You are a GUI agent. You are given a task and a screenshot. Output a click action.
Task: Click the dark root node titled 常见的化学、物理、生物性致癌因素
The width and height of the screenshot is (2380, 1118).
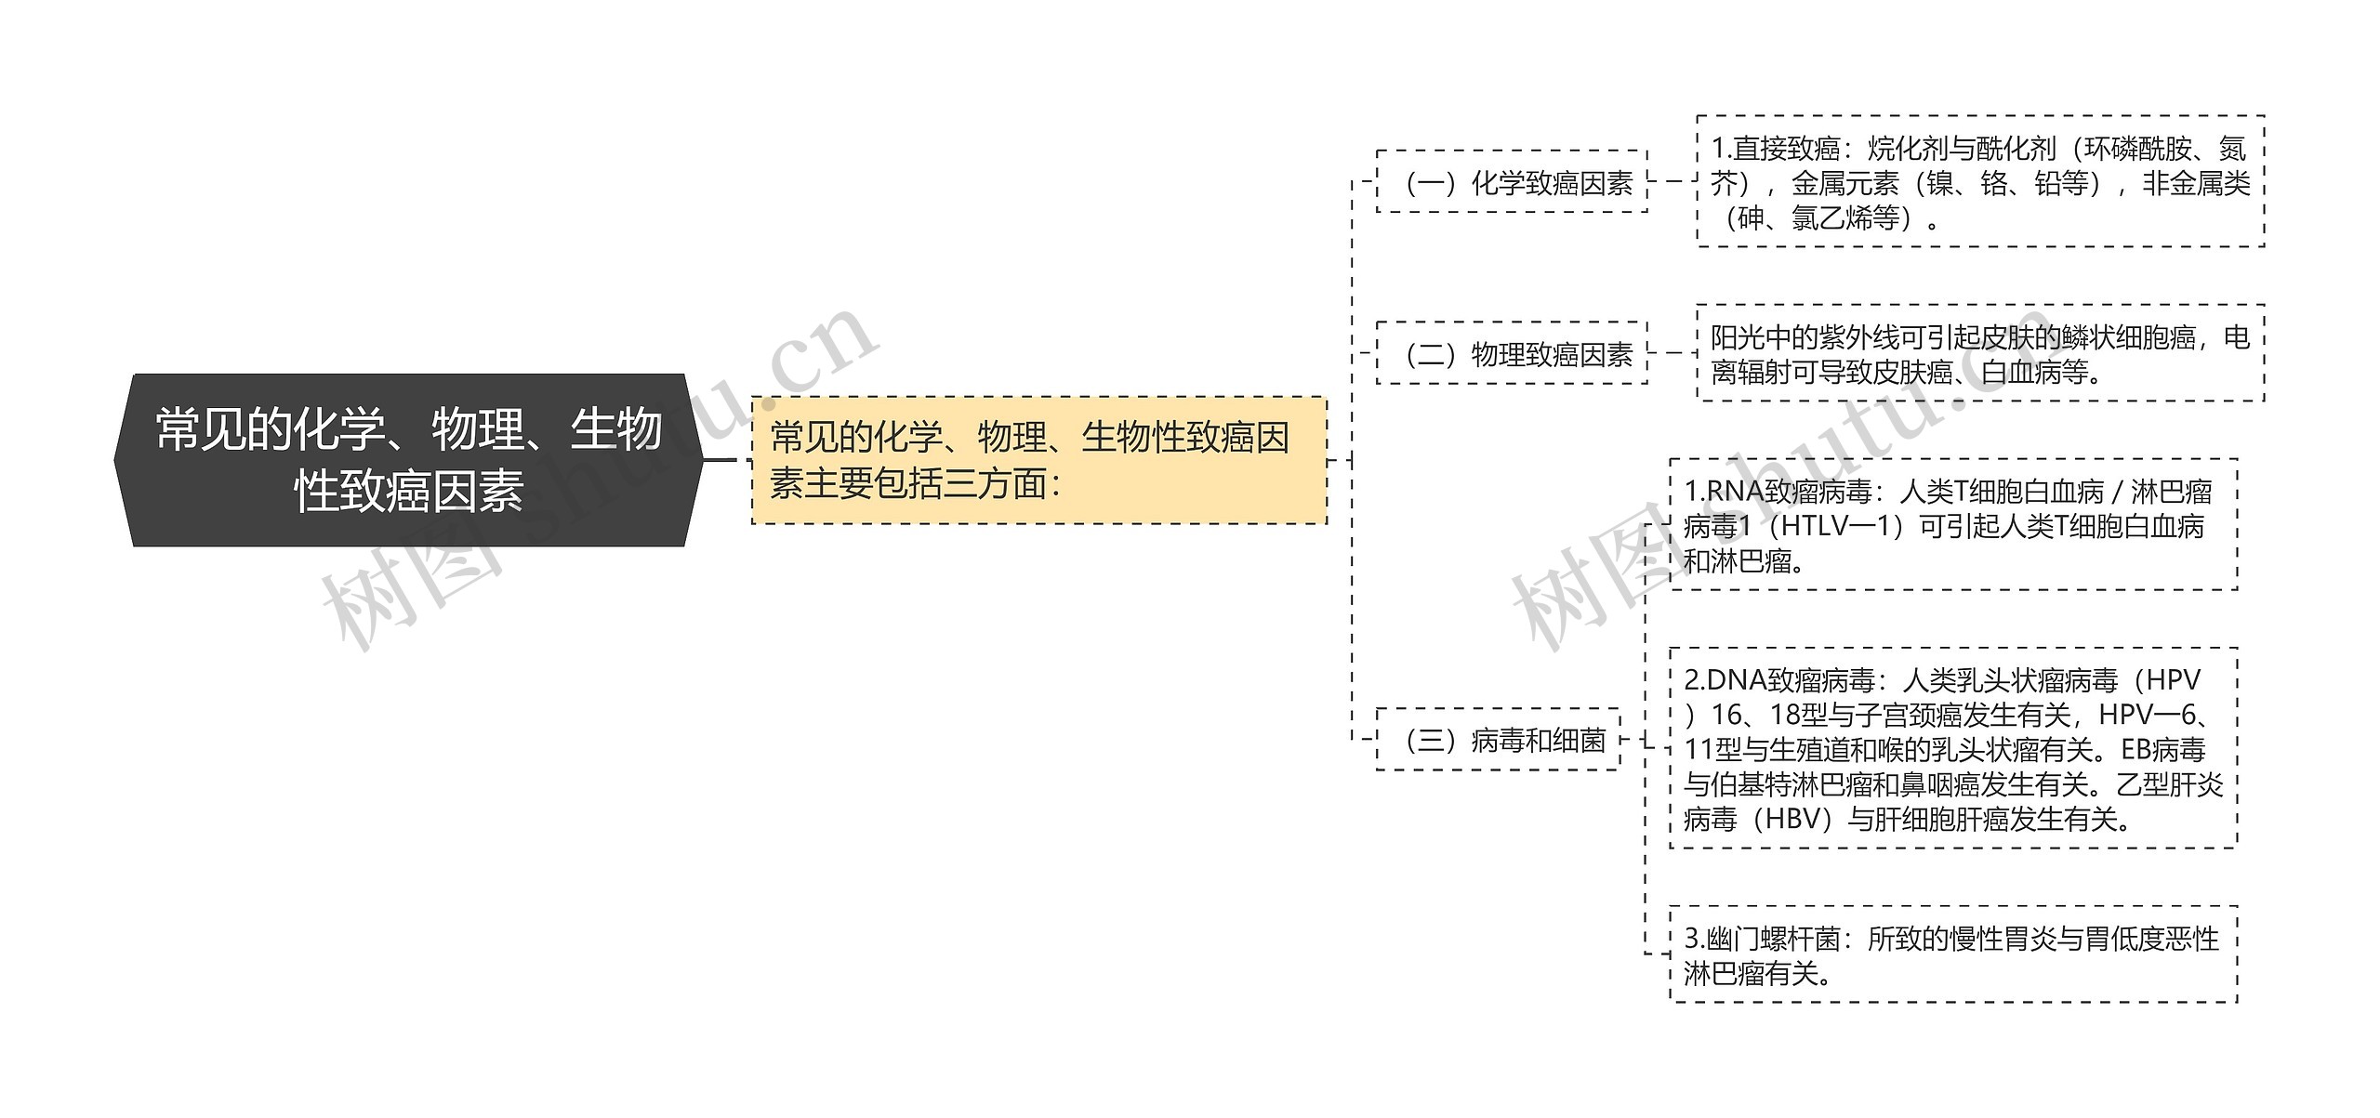pos(408,460)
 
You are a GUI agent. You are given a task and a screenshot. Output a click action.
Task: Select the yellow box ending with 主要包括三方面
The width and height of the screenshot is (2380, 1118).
pos(1038,460)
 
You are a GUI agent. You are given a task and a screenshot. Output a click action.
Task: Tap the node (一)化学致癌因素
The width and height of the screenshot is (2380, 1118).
pos(1512,182)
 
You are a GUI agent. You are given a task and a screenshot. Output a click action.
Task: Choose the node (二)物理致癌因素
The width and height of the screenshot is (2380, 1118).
pos(1512,353)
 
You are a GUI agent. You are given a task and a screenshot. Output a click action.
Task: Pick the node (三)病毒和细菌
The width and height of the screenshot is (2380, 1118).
pos(1498,740)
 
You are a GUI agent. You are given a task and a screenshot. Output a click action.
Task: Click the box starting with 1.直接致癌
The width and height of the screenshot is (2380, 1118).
pos(1980,182)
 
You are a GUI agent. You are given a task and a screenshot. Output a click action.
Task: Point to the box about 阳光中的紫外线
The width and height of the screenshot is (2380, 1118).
pos(1980,353)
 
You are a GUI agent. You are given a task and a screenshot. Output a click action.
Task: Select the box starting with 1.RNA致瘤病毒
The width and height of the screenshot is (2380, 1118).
pos(1953,525)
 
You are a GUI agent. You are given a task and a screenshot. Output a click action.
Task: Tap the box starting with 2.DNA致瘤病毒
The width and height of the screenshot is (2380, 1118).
pos(1953,749)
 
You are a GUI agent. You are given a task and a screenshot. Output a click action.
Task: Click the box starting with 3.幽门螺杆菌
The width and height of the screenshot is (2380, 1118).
pos(1953,954)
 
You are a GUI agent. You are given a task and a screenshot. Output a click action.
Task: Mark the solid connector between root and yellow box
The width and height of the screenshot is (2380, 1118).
pos(720,460)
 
